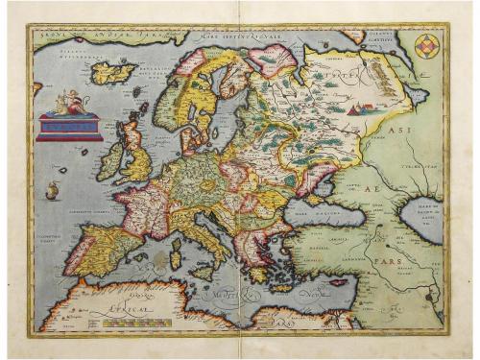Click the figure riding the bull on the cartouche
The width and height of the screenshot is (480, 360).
[67, 100]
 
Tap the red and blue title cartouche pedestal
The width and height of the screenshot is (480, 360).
[68, 125]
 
